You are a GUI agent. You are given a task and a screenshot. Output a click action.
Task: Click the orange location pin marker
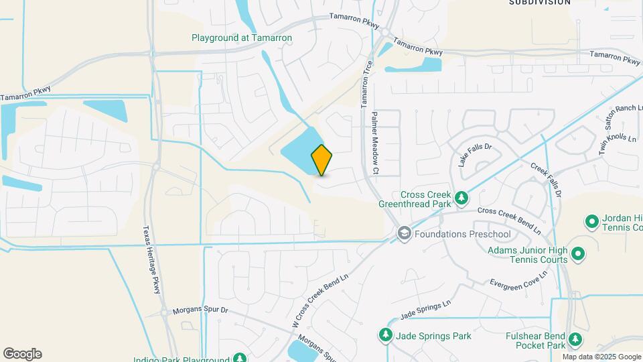tap(321, 160)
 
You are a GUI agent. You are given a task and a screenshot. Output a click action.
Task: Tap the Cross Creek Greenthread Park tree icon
tap(461, 198)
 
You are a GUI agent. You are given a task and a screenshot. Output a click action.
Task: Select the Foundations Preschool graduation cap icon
tap(404, 234)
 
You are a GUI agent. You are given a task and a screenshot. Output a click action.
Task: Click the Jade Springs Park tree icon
tap(385, 335)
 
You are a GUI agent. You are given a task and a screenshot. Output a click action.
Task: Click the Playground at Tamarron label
tap(242, 38)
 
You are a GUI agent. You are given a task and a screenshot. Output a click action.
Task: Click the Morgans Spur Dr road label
tap(200, 311)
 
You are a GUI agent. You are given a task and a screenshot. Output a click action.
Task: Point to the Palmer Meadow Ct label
tap(375, 143)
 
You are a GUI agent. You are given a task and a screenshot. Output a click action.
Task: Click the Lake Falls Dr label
tap(475, 155)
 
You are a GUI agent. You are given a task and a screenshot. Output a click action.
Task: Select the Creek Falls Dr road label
tap(545, 179)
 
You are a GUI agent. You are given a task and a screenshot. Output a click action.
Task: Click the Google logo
tap(22, 354)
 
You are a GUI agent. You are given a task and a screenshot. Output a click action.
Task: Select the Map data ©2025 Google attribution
tap(602, 357)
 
